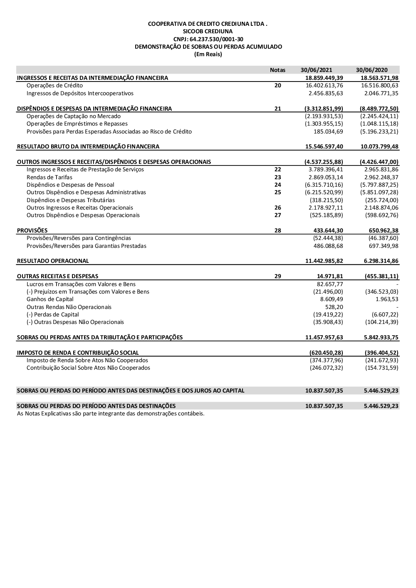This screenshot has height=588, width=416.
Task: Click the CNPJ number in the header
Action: point(208,39)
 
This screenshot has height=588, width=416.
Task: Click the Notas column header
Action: point(277,70)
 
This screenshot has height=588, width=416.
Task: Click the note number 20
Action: point(277,86)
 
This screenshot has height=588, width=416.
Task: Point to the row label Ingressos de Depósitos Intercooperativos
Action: point(80,93)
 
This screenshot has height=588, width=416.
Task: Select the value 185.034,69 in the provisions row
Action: point(328,131)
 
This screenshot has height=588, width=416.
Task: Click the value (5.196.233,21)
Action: point(379,131)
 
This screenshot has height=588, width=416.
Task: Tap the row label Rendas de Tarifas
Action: point(49,177)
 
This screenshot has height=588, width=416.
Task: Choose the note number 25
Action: point(277,192)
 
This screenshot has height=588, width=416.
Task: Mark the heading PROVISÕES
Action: point(32,230)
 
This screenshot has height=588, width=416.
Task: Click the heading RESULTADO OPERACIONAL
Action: point(53,261)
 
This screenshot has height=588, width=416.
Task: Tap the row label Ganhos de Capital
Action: point(50,299)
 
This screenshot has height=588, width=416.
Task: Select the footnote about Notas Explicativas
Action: point(111,413)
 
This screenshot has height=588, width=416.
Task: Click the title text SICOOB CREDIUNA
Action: point(208,31)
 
